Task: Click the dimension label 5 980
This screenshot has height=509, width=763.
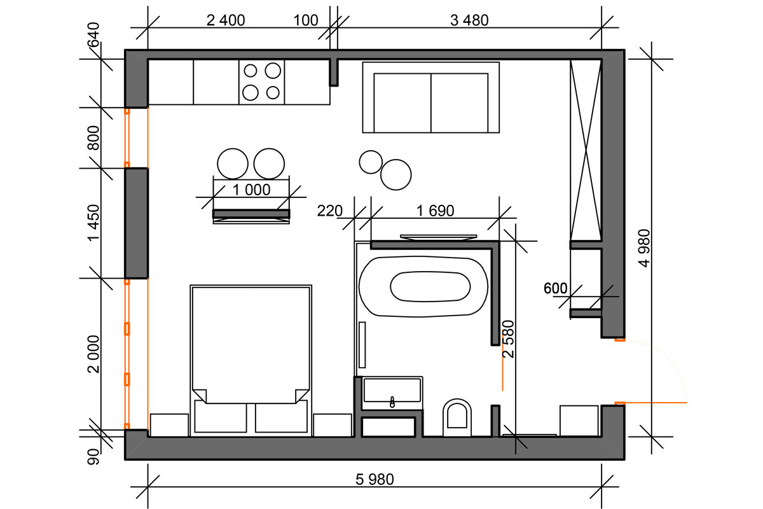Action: [x=375, y=479]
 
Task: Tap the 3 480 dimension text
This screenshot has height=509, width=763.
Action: [x=469, y=20]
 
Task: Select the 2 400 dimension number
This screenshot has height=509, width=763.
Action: [x=226, y=20]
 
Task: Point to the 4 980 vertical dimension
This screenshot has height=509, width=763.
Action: [x=644, y=248]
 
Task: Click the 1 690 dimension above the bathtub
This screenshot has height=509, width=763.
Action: [x=435, y=211]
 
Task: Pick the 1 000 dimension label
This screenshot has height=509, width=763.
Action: [x=251, y=190]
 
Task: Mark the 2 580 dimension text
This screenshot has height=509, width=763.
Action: [x=508, y=339]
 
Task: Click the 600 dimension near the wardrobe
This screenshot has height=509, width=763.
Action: [x=555, y=288]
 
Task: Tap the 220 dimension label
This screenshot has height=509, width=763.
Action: [x=329, y=211]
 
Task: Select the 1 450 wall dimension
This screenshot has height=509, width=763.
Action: [x=93, y=223]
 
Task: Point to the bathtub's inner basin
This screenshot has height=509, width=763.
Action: [x=430, y=286]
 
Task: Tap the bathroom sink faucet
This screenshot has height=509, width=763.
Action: [x=392, y=402]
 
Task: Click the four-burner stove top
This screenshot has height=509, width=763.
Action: [x=261, y=82]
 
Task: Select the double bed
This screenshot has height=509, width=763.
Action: [x=251, y=361]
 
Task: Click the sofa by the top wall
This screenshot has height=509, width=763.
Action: [x=431, y=97]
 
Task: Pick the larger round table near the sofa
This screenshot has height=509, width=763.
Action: [x=395, y=174]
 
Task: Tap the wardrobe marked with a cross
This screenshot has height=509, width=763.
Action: [x=586, y=150]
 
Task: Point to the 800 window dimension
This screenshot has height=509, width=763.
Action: [x=93, y=138]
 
